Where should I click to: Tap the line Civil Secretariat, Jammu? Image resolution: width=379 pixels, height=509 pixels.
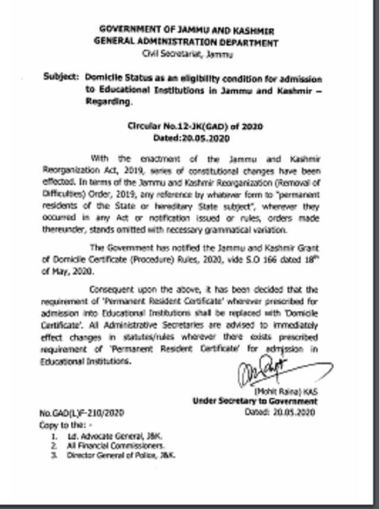pyautogui.click(x=188, y=55)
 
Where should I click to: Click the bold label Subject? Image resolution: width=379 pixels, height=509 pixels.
pyautogui.click(x=61, y=78)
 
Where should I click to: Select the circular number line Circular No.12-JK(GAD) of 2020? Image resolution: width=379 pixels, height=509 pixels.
pyautogui.click(x=195, y=126)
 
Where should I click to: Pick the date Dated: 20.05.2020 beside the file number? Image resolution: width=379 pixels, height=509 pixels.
pyautogui.click(x=279, y=412)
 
